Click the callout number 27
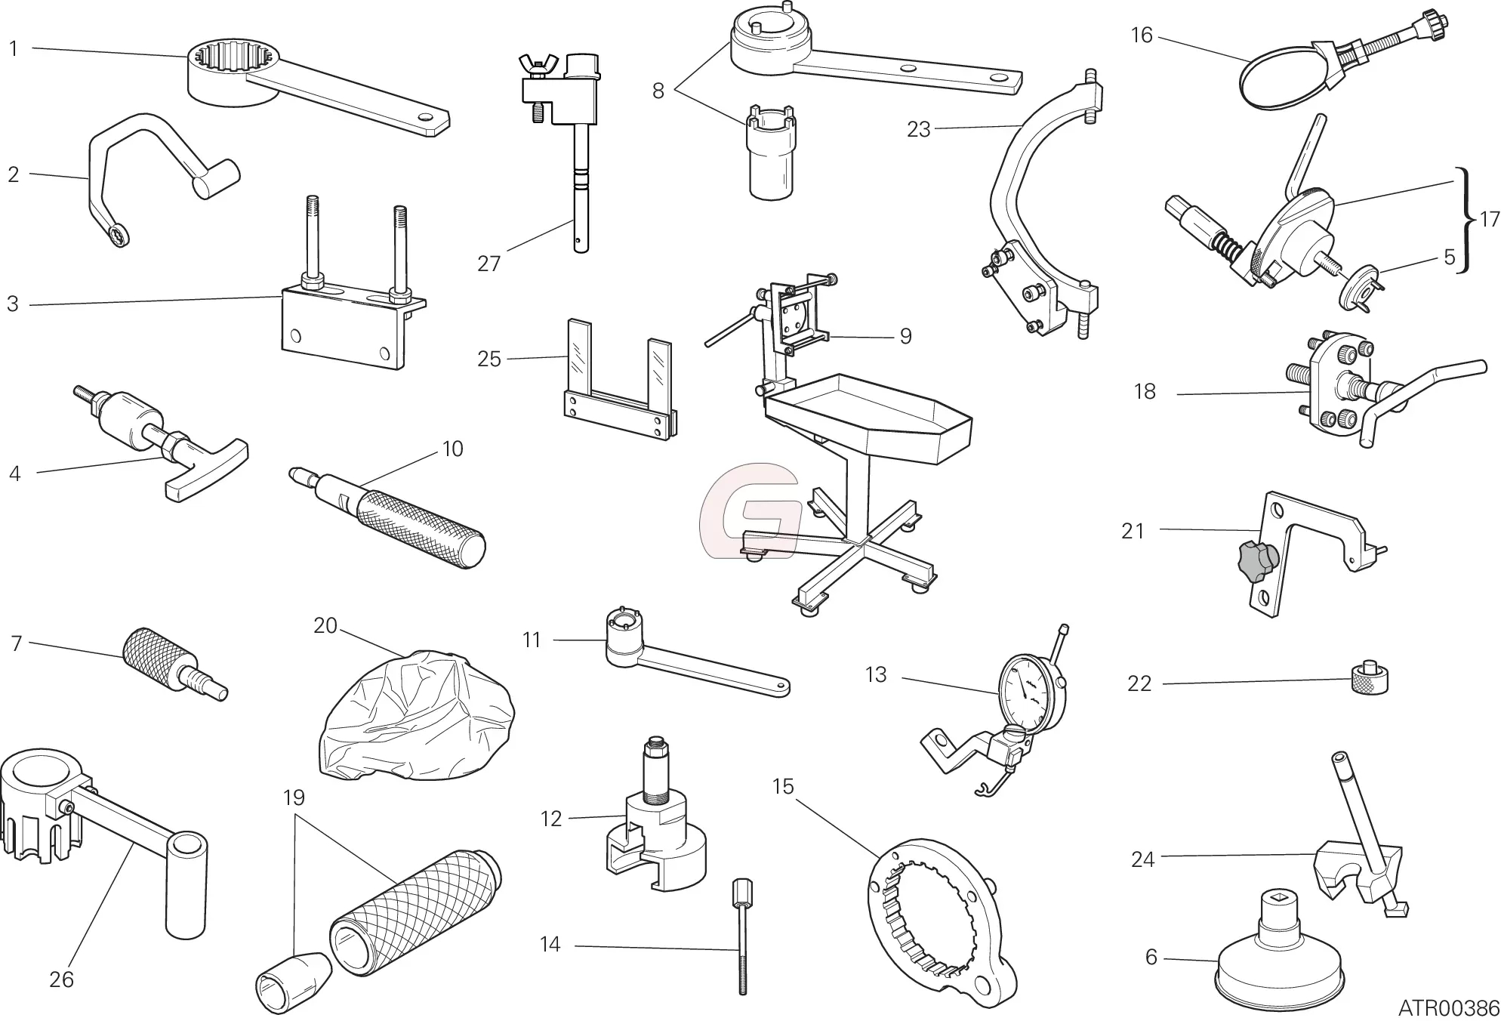(489, 264)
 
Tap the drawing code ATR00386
(1448, 1008)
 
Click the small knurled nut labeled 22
(1369, 678)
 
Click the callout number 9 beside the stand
(905, 336)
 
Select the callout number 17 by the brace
(1488, 220)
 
